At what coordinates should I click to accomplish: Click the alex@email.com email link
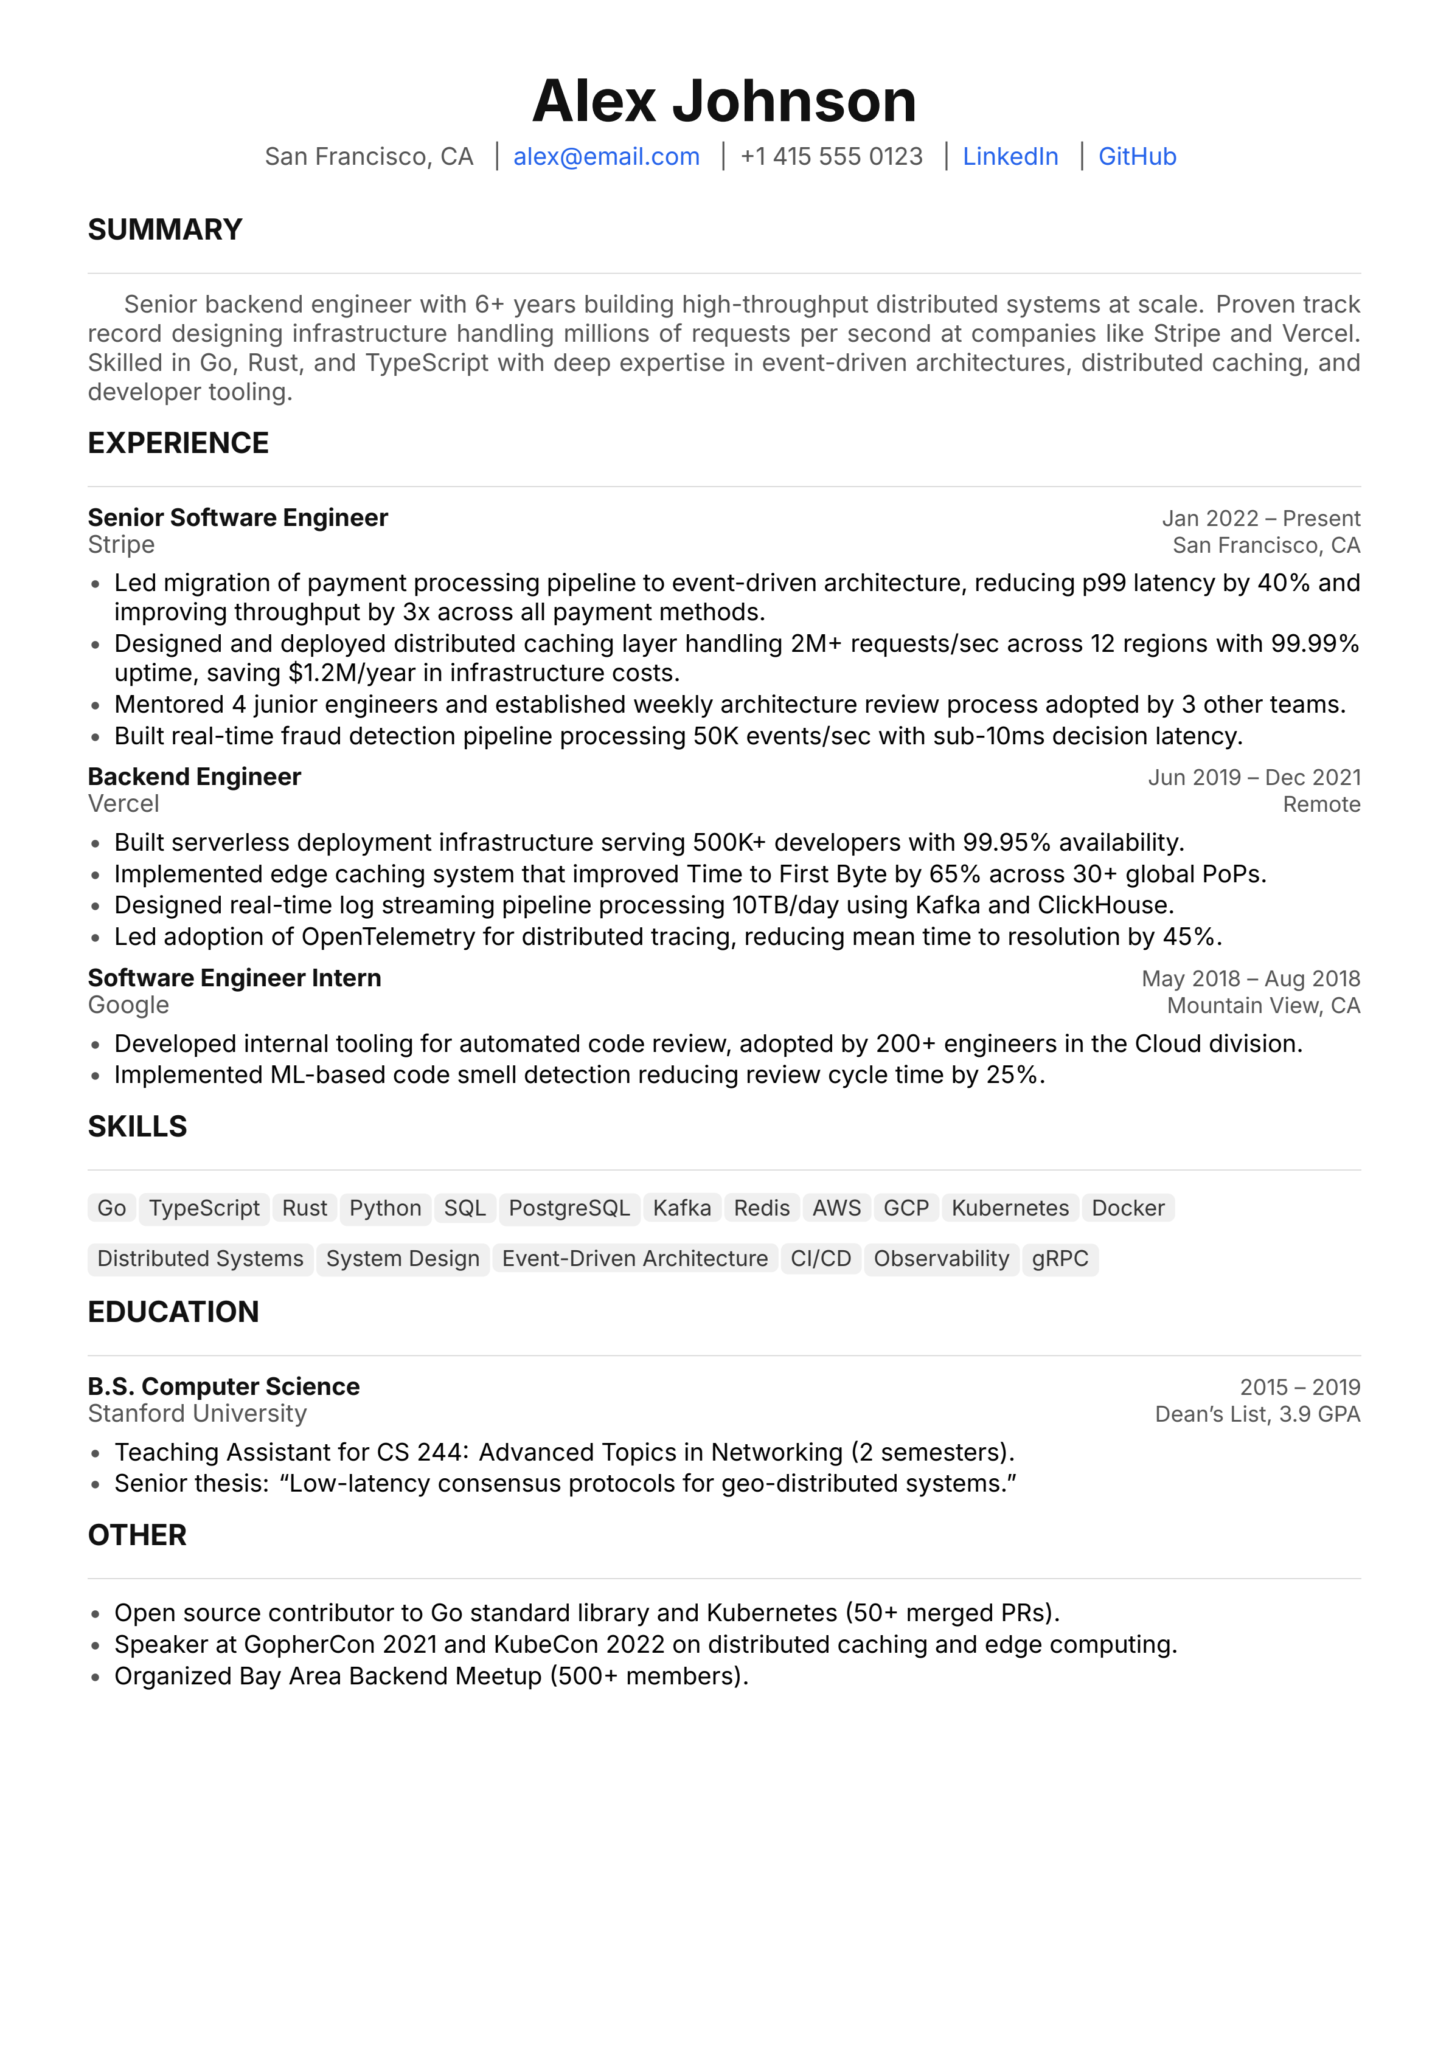(606, 157)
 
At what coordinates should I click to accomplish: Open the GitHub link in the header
(1137, 157)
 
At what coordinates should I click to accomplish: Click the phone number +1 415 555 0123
(831, 157)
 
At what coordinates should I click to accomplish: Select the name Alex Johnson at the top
(724, 101)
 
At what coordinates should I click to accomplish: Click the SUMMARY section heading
(165, 230)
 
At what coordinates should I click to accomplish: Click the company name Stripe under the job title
(121, 545)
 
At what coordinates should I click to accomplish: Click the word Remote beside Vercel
(1321, 804)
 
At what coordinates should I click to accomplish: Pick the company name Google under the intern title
(128, 1005)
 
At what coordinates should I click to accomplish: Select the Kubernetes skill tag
(1009, 1209)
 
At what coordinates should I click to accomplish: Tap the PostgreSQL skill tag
(569, 1209)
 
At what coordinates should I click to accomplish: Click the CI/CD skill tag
(820, 1259)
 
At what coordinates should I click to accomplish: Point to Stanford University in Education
(197, 1414)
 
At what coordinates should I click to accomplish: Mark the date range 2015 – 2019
(1299, 1387)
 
